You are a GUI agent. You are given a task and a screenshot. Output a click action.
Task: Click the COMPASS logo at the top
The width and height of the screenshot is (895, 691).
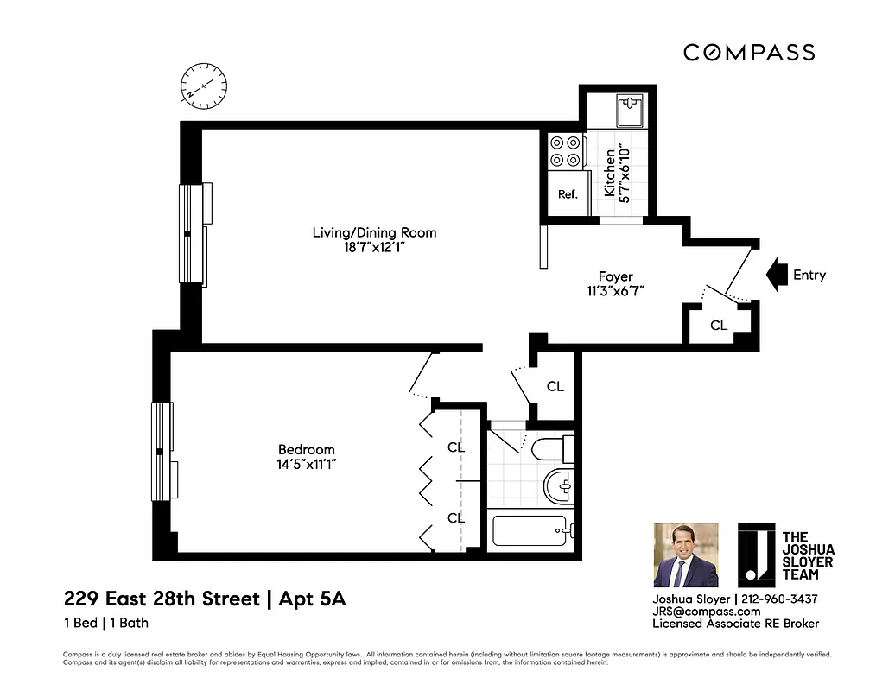pyautogui.click(x=749, y=53)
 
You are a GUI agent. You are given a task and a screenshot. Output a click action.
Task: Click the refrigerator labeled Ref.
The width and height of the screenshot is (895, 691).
pyautogui.click(x=567, y=194)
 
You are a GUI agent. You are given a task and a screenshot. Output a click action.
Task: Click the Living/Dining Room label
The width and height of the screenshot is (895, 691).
pyautogui.click(x=374, y=232)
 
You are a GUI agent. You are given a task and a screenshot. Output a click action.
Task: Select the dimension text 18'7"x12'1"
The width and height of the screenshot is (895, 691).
pyautogui.click(x=374, y=248)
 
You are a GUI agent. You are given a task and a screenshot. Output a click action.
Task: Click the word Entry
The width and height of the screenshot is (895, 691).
pyautogui.click(x=809, y=276)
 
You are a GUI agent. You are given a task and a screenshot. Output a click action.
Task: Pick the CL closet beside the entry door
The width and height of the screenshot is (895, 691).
pyautogui.click(x=719, y=326)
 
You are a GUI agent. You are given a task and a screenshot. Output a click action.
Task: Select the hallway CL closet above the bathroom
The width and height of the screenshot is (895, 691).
pyautogui.click(x=555, y=386)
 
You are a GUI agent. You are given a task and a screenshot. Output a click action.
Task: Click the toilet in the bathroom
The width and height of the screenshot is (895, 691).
pyautogui.click(x=550, y=448)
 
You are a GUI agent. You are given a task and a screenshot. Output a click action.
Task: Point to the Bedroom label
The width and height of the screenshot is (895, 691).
pyautogui.click(x=306, y=449)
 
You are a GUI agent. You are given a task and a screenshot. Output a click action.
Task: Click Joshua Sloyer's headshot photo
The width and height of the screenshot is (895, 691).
pyautogui.click(x=685, y=555)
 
